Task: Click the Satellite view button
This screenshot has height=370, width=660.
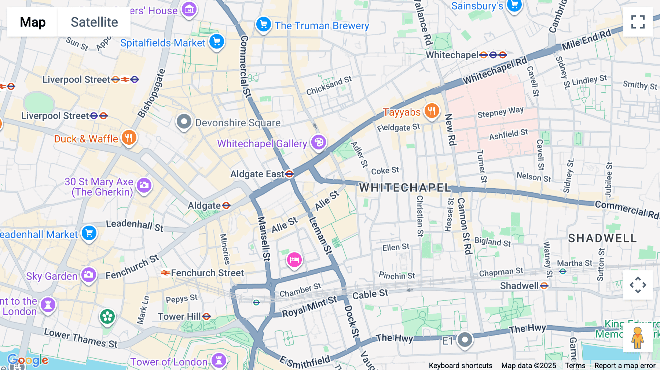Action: [94, 22]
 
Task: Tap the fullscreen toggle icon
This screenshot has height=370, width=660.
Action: [638, 22]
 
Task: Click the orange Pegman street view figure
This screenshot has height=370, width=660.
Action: [638, 337]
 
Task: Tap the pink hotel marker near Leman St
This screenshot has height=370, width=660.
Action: [294, 260]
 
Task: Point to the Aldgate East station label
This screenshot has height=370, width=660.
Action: [257, 174]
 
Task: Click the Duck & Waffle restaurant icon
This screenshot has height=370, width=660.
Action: [129, 138]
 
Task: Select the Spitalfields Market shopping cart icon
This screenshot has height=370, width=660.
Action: [217, 41]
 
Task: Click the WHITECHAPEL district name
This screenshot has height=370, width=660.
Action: [405, 188]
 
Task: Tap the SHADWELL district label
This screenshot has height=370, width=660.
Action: [602, 238]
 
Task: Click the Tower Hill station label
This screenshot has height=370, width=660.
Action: [179, 316]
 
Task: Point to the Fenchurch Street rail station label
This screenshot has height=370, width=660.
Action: [207, 273]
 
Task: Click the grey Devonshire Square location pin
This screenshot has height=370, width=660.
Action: [184, 121]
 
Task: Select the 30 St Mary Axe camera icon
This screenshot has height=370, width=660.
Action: [144, 185]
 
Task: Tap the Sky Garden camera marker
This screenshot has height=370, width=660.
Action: [88, 274]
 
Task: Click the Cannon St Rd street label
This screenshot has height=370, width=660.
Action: [464, 226]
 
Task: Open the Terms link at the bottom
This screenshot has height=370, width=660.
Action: [575, 365]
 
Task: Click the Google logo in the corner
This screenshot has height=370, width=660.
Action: [28, 360]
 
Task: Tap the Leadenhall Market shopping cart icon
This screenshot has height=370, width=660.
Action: [89, 233]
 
